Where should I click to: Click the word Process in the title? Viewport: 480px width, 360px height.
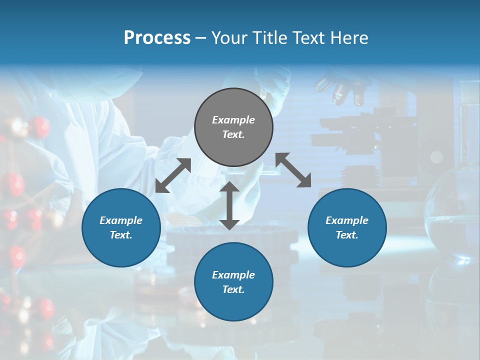(x=157, y=38)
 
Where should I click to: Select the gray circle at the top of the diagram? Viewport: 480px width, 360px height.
(x=233, y=127)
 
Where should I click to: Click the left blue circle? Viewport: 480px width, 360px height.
(x=121, y=227)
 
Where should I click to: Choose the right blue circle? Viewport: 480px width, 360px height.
(x=347, y=227)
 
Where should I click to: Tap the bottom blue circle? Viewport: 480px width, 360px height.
(x=233, y=282)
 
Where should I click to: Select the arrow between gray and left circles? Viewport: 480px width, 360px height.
(x=173, y=175)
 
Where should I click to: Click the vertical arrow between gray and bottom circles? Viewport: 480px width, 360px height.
(x=229, y=205)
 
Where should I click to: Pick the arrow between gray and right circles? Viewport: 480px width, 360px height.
(x=293, y=170)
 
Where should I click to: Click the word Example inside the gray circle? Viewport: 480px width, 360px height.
(x=233, y=120)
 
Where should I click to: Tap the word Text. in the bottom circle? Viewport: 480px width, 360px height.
(x=233, y=289)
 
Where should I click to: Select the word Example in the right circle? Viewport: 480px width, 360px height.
(x=347, y=220)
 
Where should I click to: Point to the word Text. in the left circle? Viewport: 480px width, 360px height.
(x=121, y=235)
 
